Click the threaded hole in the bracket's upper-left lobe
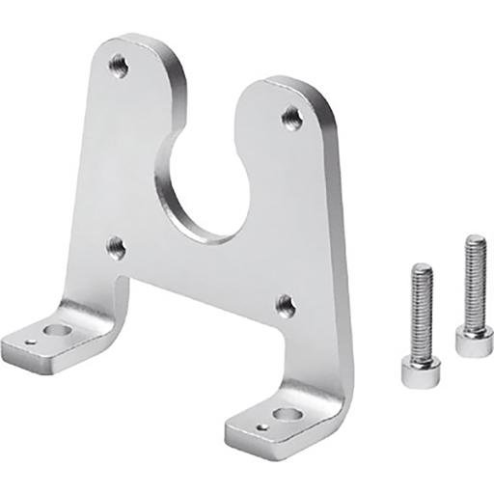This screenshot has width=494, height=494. tap(119, 66)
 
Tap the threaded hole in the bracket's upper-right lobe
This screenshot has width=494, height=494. tap(292, 118)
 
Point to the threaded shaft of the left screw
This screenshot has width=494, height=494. tap(421, 309)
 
